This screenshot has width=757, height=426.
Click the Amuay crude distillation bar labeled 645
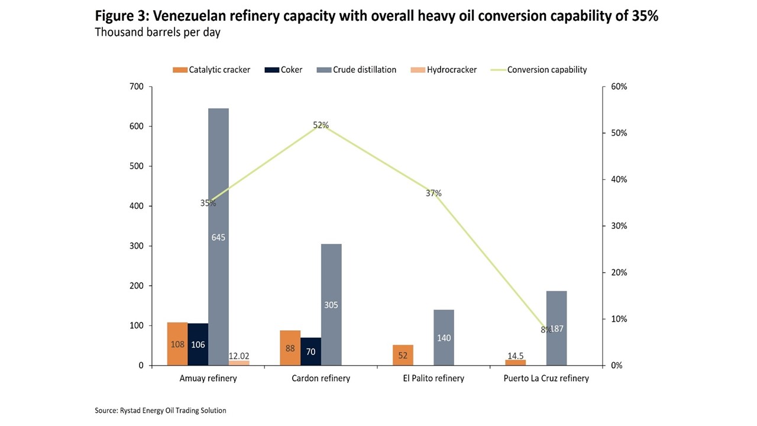pos(218,237)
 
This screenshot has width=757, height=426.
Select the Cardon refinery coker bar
pos(310,351)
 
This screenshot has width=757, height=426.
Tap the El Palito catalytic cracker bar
pos(403,355)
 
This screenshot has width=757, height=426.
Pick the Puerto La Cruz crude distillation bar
pos(557,328)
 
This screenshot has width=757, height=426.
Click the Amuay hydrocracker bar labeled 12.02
pos(239,363)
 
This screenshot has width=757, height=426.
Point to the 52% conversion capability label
pos(321,125)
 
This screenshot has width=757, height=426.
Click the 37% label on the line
pos(434,193)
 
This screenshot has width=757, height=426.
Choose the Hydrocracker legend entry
pos(444,70)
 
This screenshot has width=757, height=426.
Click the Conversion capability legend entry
pos(539,70)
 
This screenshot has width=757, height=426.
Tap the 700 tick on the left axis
pos(137,87)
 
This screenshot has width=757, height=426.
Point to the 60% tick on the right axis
pos(618,87)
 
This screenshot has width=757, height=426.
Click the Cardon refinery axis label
pos(321,378)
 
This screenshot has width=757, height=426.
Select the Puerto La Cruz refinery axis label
pos(546,378)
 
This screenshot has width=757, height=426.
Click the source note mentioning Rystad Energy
pos(160,410)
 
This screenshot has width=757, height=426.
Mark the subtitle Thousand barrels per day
pos(157,33)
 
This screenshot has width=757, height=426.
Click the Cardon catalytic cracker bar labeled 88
pos(290,348)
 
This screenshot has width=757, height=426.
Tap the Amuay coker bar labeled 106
pos(198,344)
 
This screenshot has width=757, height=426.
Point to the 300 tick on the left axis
pos(137,246)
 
